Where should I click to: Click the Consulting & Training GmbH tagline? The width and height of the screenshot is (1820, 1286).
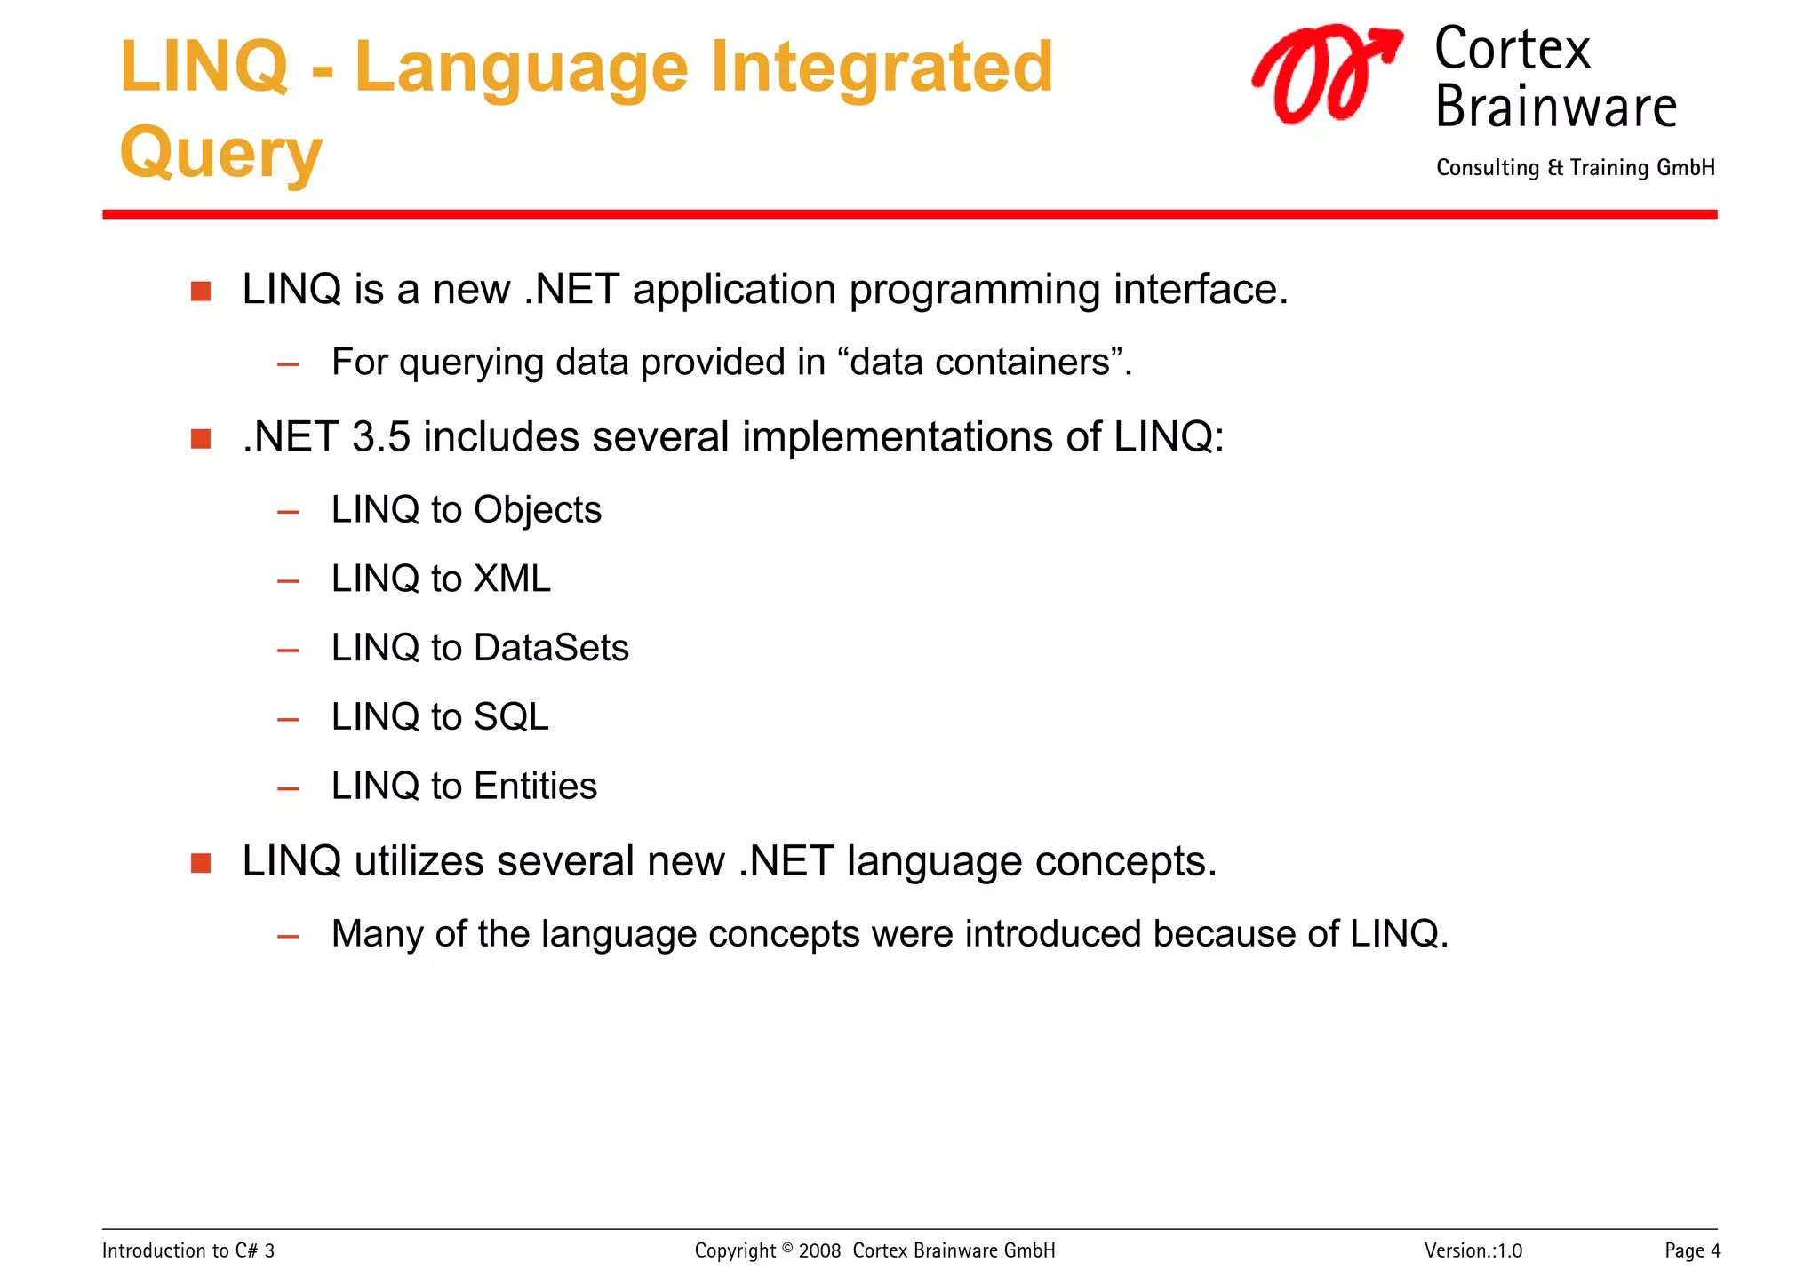click(x=1575, y=168)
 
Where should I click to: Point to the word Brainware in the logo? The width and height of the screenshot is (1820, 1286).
click(x=1555, y=108)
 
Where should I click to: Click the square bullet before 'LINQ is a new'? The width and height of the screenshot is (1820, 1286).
click(x=201, y=292)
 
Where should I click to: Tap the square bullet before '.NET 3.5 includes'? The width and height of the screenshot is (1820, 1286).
click(x=201, y=439)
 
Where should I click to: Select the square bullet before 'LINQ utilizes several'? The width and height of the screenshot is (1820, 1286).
click(x=201, y=863)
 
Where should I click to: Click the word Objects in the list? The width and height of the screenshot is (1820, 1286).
click(x=537, y=510)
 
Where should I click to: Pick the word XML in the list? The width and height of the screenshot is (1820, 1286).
click(x=512, y=579)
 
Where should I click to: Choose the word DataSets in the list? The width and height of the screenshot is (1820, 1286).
click(x=551, y=648)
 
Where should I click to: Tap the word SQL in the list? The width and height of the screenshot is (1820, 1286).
click(x=511, y=717)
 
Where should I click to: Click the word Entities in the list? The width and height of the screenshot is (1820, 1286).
click(x=535, y=787)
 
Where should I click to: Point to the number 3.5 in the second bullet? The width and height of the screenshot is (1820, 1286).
click(x=380, y=437)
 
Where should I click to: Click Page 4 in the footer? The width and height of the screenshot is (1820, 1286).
click(x=1692, y=1251)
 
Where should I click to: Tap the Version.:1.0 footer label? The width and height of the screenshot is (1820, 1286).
click(x=1473, y=1251)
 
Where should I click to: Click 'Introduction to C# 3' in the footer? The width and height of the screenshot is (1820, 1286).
click(x=188, y=1251)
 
